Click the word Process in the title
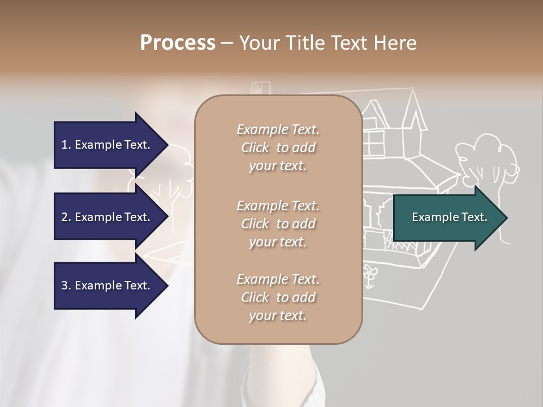click(178, 43)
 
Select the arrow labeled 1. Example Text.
click(107, 145)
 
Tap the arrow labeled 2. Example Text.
click(107, 217)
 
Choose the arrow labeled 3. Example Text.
click(107, 285)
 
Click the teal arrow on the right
click(447, 218)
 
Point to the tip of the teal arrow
click(506, 218)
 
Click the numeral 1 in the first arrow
click(64, 145)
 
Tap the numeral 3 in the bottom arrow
click(64, 285)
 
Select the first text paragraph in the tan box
click(278, 148)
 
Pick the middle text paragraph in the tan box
click(278, 223)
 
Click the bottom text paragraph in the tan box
click(278, 297)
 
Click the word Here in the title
click(396, 43)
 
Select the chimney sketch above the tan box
click(260, 88)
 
